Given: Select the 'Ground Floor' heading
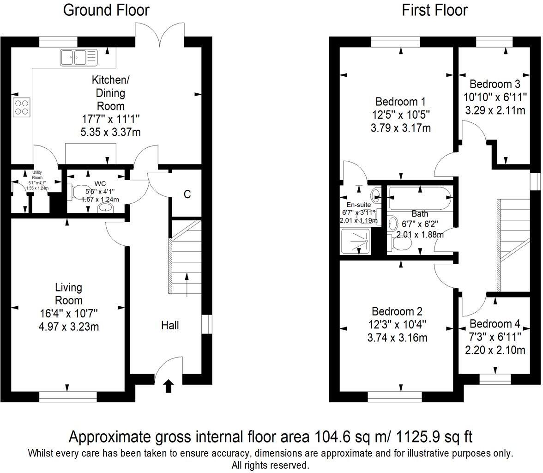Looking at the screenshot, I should [106, 10].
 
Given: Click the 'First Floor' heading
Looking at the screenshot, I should [434, 10].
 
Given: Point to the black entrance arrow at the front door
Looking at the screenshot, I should [168, 386].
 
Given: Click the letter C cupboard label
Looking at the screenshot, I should [187, 194].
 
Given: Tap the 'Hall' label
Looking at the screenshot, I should [170, 326].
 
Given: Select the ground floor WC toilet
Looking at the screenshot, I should [76, 192].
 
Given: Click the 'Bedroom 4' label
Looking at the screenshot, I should [495, 324].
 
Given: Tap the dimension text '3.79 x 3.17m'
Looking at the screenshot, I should [400, 127].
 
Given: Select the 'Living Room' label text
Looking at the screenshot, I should [68, 294].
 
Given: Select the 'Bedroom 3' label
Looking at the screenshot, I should [495, 84].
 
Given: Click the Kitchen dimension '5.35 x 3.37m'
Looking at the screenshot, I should [110, 133].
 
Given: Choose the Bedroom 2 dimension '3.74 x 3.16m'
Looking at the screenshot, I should [397, 338].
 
